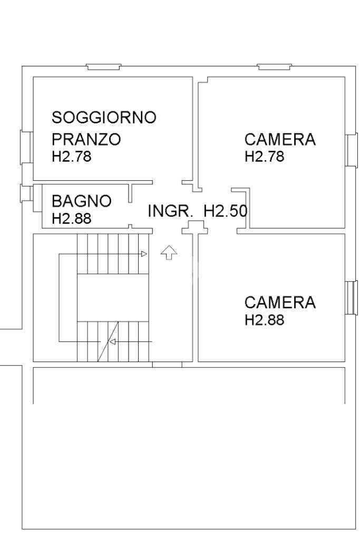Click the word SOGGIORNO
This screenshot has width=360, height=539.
click(104, 117)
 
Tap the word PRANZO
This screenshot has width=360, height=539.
click(86, 140)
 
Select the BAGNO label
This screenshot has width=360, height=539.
click(81, 201)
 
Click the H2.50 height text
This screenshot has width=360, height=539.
click(226, 211)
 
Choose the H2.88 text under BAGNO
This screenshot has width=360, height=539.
click(71, 219)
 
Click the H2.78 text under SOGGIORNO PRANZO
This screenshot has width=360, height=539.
click(71, 156)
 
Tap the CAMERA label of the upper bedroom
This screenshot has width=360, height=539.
click(280, 140)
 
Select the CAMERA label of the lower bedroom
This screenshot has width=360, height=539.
click(280, 303)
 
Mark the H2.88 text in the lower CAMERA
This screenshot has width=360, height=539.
click(265, 320)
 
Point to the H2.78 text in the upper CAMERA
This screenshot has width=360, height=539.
click(265, 156)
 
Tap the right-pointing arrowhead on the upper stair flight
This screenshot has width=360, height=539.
click(143, 254)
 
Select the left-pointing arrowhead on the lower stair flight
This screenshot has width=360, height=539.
click(112, 341)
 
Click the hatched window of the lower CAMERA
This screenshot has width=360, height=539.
click(351, 298)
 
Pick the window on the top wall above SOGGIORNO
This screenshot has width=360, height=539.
click(104, 67)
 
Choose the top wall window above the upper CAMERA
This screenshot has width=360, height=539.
click(274, 67)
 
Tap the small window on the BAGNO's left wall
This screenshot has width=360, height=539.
click(25, 193)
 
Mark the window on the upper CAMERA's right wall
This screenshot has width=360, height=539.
click(351, 150)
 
